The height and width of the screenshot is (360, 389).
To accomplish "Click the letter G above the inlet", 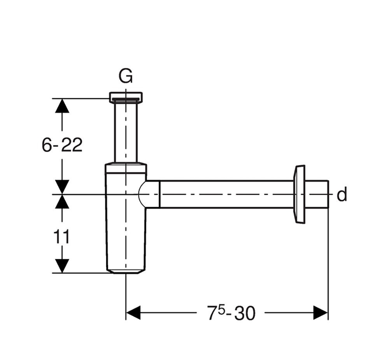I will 126,77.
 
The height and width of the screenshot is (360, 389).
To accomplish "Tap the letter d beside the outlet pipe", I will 342,195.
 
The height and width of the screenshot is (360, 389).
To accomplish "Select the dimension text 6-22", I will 62,145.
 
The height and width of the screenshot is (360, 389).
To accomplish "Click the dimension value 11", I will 61,236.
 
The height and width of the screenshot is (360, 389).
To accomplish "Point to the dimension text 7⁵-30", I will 231,313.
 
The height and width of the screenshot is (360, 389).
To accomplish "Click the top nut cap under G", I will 126,96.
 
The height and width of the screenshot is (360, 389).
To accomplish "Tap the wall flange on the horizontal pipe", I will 300,194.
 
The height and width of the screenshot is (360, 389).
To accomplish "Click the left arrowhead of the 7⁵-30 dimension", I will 133,313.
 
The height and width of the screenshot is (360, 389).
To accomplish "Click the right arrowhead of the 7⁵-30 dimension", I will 321,313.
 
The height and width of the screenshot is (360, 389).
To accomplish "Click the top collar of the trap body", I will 126,168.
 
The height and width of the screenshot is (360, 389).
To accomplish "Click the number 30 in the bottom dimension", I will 245,313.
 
